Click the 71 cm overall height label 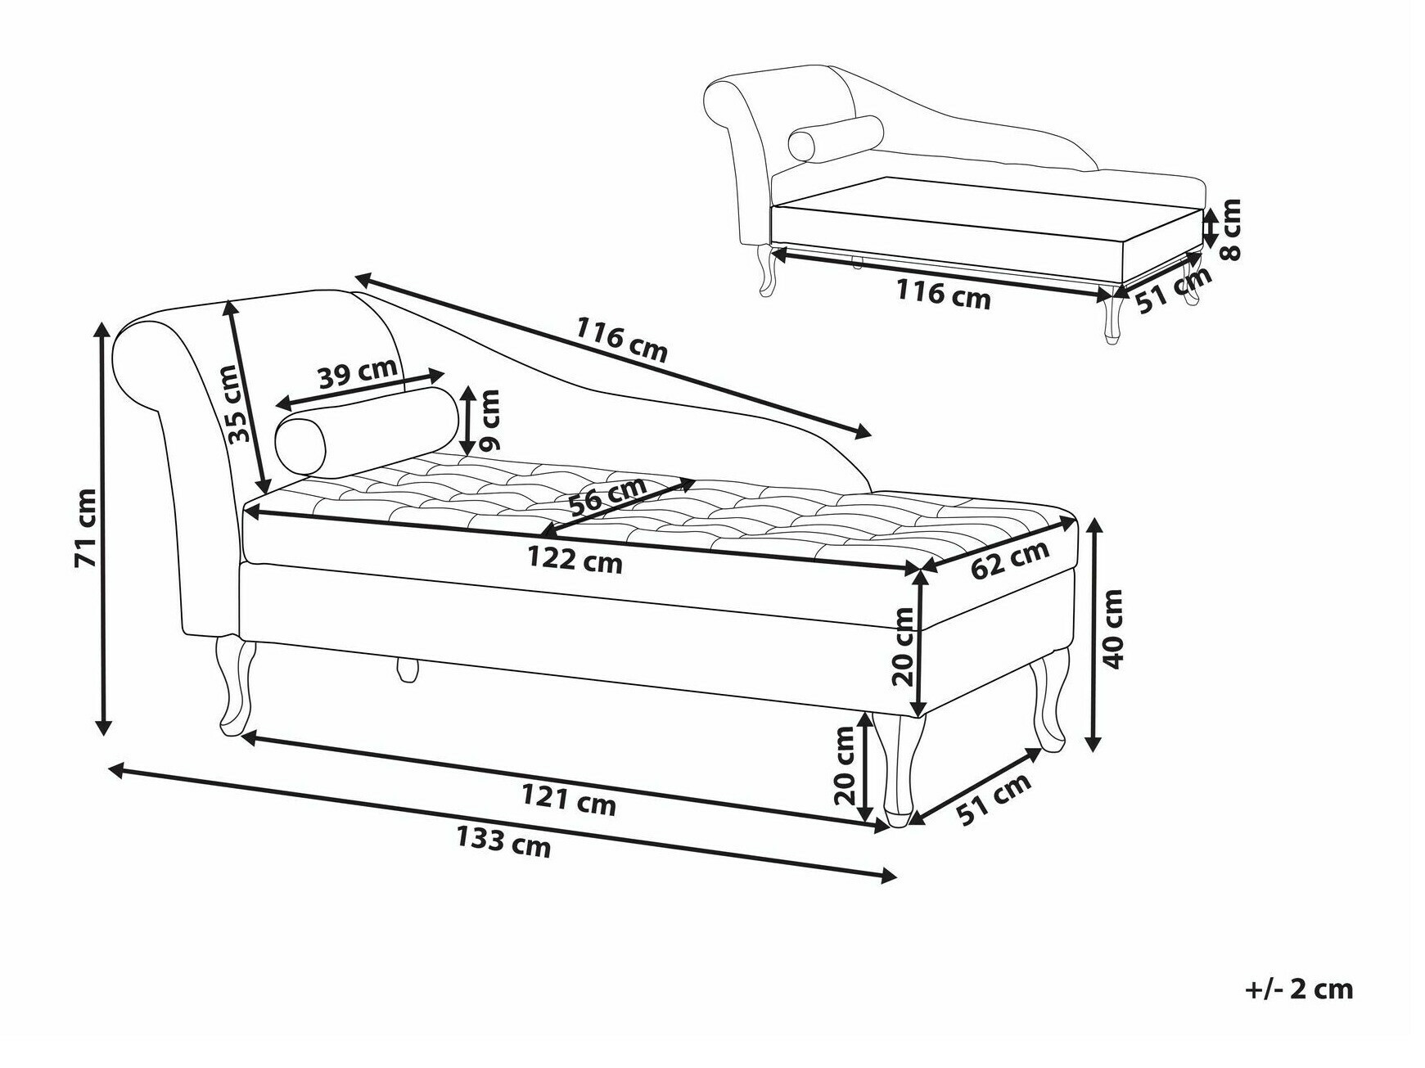point(85,528)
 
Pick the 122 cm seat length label point(575,560)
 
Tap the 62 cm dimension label point(1010,559)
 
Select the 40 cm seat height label point(1112,629)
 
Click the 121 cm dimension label point(569,799)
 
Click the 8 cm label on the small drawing point(1229,230)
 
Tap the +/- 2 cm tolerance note point(1299,989)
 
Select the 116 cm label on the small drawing point(943,295)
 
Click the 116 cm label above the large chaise point(621,340)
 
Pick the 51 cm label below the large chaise point(994,799)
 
